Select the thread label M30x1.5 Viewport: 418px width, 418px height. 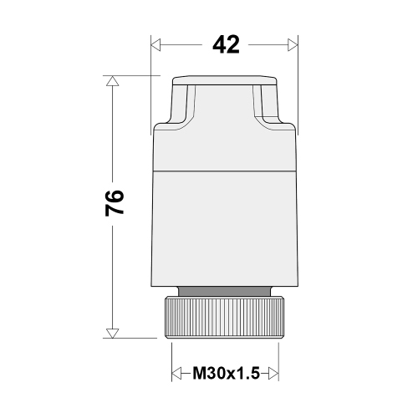[x=226, y=371]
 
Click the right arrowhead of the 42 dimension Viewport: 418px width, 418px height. [x=293, y=45]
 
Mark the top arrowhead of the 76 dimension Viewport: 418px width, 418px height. [x=112, y=81]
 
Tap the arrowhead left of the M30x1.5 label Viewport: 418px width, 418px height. [x=176, y=371]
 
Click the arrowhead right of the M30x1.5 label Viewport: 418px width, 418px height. [x=274, y=371]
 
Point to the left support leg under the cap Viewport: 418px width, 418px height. [x=181, y=109]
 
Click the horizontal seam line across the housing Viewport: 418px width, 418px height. [x=226, y=172]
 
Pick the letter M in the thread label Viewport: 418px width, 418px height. [x=200, y=371]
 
